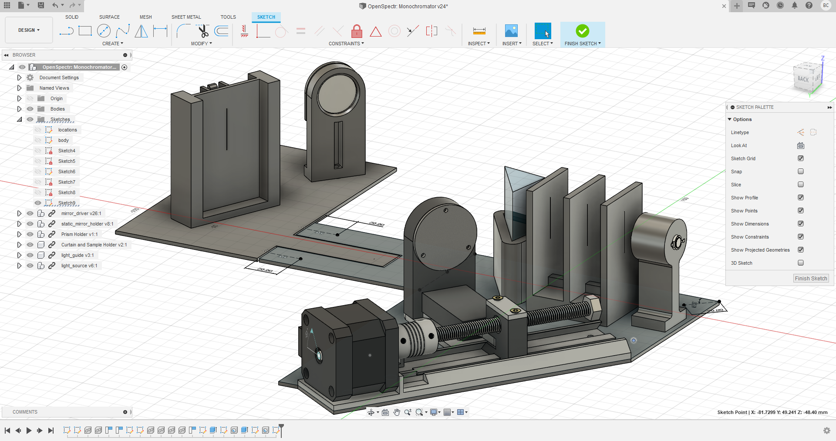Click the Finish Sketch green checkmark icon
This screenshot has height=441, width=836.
pyautogui.click(x=582, y=31)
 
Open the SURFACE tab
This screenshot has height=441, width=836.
pyautogui.click(x=109, y=17)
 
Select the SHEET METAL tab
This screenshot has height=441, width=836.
pyautogui.click(x=186, y=17)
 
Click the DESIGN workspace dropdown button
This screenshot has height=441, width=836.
pyautogui.click(x=29, y=30)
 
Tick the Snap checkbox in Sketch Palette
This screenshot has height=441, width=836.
pyautogui.click(x=800, y=172)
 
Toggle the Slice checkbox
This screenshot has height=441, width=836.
pyautogui.click(x=800, y=185)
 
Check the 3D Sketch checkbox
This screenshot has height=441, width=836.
pyautogui.click(x=800, y=263)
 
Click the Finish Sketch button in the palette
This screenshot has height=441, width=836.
pyautogui.click(x=810, y=279)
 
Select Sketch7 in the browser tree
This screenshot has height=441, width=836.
pyautogui.click(x=67, y=182)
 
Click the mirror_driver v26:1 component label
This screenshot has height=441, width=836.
pyautogui.click(x=81, y=213)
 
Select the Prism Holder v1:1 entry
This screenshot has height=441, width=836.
pyautogui.click(x=79, y=234)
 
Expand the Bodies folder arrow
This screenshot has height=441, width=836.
pyautogui.click(x=19, y=109)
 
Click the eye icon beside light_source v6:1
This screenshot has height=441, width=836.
pyautogui.click(x=30, y=266)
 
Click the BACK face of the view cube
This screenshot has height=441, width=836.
pyautogui.click(x=803, y=79)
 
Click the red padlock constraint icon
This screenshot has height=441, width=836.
pyautogui.click(x=357, y=31)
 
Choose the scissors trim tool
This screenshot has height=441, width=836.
pyautogui.click(x=203, y=31)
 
